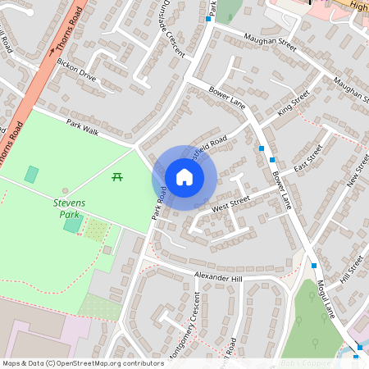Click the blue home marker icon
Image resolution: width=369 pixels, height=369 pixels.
pos(184,177)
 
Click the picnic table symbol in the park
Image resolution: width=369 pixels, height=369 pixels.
pos(116,176)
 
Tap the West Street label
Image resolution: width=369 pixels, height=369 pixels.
pos(230,204)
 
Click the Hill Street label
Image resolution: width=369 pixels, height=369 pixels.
pos(351,271)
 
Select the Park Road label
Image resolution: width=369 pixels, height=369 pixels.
pos(158,203)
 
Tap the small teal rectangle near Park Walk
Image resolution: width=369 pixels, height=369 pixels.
pos(31,174)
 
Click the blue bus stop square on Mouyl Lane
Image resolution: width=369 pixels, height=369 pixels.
pos(313,265)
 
